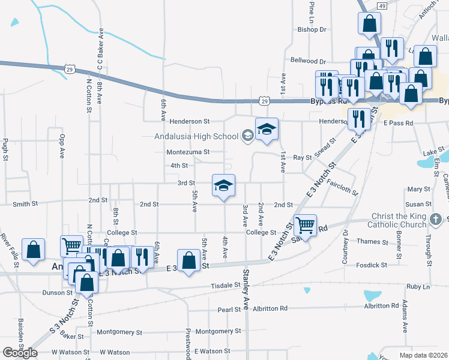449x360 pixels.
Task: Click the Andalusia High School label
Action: [x=196, y=136]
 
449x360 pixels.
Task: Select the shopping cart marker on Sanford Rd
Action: [x=306, y=226]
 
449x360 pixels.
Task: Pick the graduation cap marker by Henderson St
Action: [x=267, y=129]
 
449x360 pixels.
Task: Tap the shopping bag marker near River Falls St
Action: [x=33, y=250]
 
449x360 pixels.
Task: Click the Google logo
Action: [x=20, y=353]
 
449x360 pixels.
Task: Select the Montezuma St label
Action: [x=188, y=152]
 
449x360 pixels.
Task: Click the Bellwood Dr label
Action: [x=307, y=61]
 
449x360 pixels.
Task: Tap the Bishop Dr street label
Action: [x=312, y=29]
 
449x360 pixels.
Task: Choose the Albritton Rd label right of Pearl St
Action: [x=270, y=308]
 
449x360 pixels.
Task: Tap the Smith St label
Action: [x=25, y=205]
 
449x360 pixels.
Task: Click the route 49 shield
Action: [x=382, y=5]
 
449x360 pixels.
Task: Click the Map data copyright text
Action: [x=423, y=355]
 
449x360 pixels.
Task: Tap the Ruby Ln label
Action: [x=418, y=287]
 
